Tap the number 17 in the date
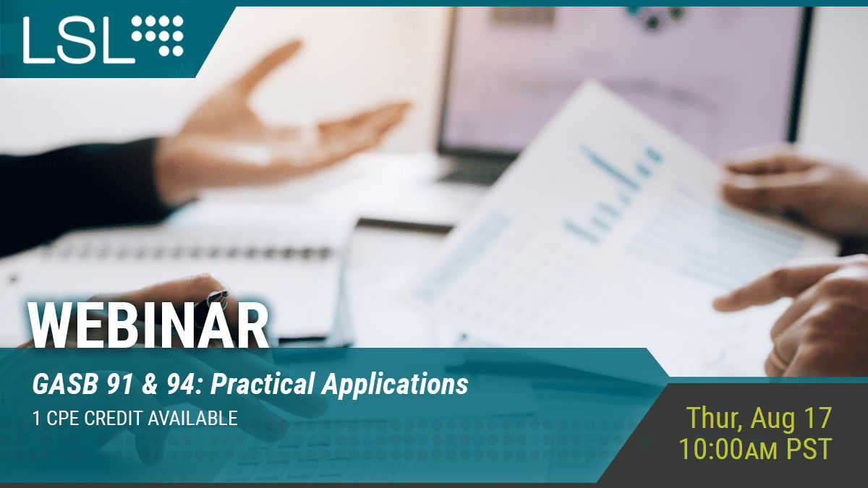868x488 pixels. click(x=817, y=419)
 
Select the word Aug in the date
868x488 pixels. click(x=773, y=419)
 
